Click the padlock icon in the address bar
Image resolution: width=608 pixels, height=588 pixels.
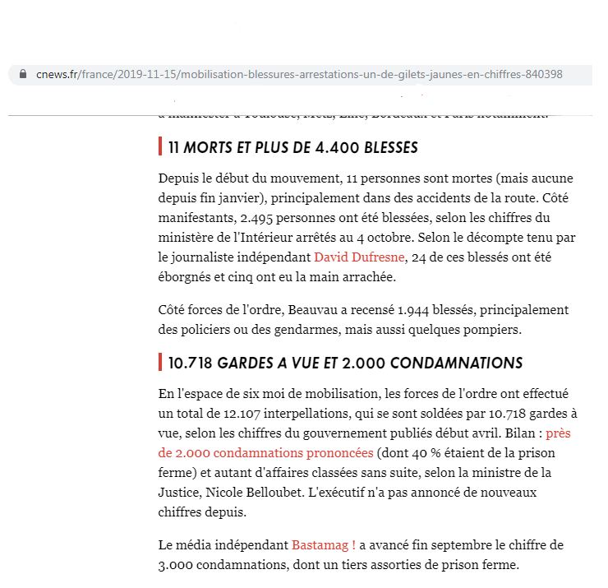click(22, 74)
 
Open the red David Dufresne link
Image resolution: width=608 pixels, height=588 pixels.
click(360, 257)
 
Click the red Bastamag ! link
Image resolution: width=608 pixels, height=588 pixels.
click(324, 545)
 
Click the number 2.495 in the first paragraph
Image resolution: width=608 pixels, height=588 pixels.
click(258, 218)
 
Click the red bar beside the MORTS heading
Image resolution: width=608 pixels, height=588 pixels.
click(159, 148)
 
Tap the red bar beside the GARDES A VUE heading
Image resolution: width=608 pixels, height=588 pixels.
click(159, 363)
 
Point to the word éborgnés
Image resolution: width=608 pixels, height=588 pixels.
click(187, 277)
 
